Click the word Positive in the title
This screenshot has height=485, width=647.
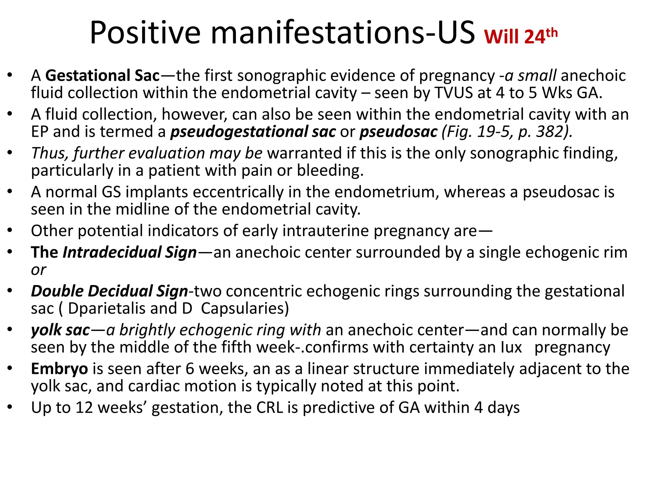click(x=145, y=33)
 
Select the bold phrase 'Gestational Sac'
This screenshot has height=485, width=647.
click(x=103, y=76)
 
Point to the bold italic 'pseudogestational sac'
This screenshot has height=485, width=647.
click(x=253, y=132)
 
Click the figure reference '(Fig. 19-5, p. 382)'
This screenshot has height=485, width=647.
click(x=507, y=132)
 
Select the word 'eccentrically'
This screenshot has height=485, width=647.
click(x=238, y=192)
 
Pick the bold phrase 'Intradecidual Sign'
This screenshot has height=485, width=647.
click(x=130, y=253)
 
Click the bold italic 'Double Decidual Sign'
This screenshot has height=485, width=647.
click(x=109, y=291)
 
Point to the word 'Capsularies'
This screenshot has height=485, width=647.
click(x=245, y=308)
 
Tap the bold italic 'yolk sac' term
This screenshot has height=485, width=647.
click(x=60, y=330)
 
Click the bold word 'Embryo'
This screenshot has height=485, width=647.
click(x=59, y=369)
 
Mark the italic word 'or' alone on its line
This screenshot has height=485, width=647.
click(x=39, y=270)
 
